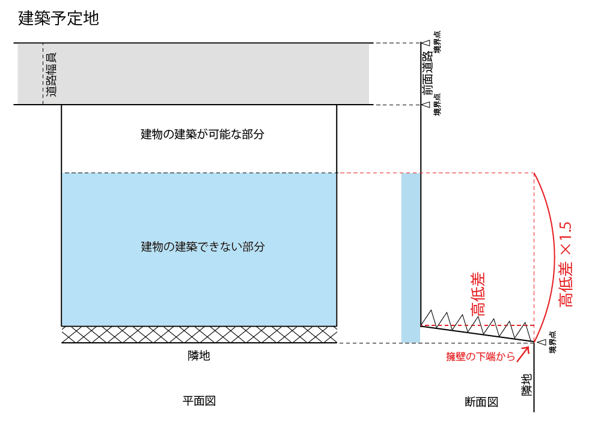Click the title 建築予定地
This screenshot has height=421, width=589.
pyautogui.click(x=59, y=18)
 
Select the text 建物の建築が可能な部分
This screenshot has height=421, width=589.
pyautogui.click(x=203, y=134)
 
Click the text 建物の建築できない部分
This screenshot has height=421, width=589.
pyautogui.click(x=203, y=247)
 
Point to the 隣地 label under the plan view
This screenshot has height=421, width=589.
pyautogui.click(x=199, y=355)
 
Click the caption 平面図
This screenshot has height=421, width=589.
pyautogui.click(x=199, y=401)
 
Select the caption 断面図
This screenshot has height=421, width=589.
pyautogui.click(x=481, y=402)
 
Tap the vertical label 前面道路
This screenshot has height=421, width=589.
pyautogui.click(x=427, y=73)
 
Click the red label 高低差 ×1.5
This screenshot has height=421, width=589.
pyautogui.click(x=566, y=265)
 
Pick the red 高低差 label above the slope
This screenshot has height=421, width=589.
pyautogui.click(x=478, y=293)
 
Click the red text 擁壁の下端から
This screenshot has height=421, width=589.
pyautogui.click(x=480, y=356)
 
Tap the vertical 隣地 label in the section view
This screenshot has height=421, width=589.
pyautogui.click(x=526, y=385)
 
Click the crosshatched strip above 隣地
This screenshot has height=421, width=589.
pyautogui.click(x=199, y=334)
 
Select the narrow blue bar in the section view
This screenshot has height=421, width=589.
pyautogui.click(x=410, y=258)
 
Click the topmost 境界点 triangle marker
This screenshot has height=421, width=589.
pyautogui.click(x=426, y=43)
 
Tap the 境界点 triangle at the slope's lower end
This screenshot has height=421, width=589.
pyautogui.click(x=542, y=342)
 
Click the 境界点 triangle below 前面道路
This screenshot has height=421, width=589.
pyautogui.click(x=426, y=105)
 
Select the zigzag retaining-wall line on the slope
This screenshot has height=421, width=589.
pyautogui.click(x=477, y=324)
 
